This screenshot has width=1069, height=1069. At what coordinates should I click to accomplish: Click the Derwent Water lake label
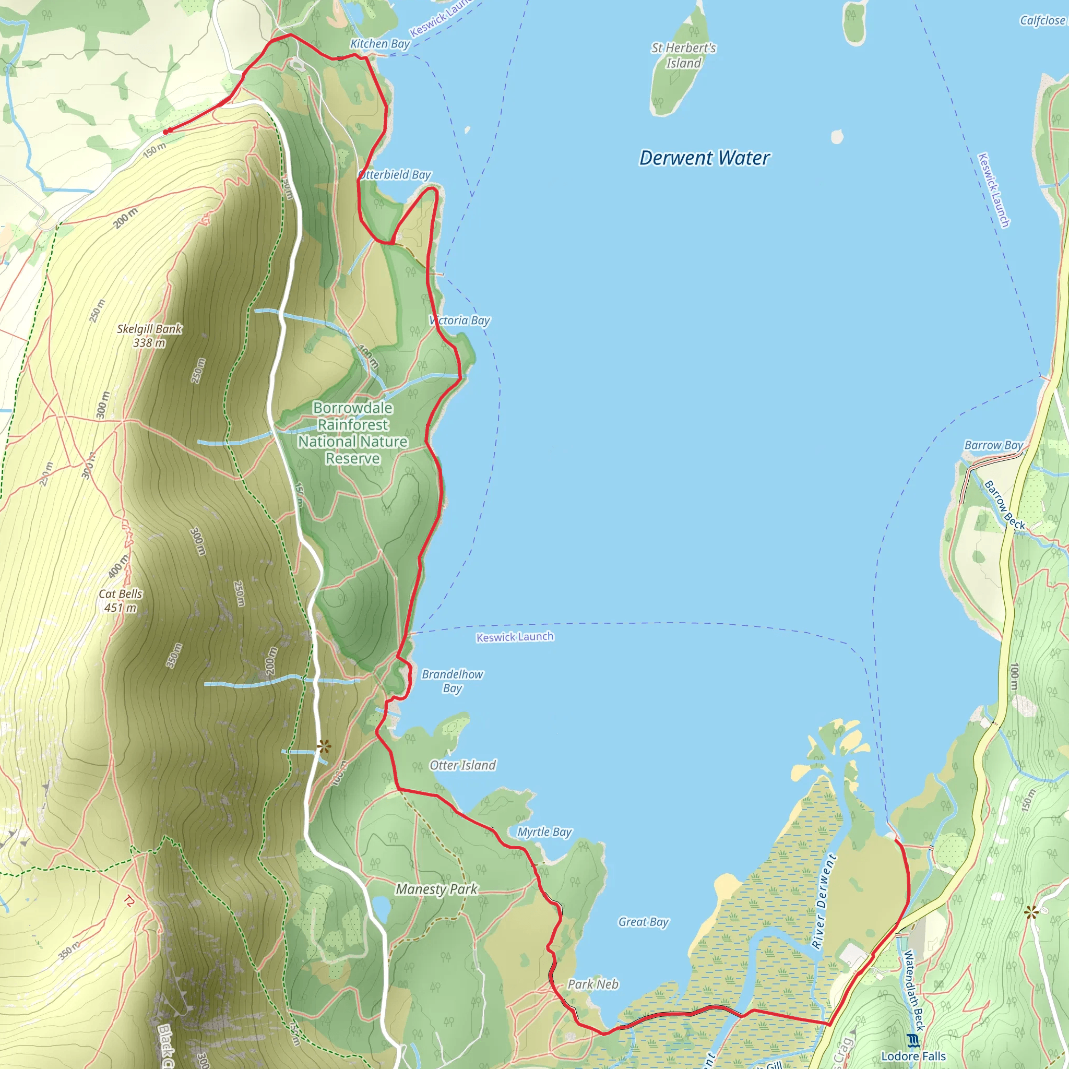click(x=704, y=158)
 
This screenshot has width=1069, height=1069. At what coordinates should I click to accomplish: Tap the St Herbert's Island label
click(x=683, y=56)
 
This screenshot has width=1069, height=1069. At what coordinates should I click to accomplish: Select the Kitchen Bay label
click(x=379, y=44)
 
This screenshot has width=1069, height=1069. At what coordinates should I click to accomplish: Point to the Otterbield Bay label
click(x=395, y=175)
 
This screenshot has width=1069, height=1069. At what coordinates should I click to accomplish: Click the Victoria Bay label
click(x=460, y=320)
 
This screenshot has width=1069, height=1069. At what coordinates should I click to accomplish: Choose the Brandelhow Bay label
click(x=452, y=681)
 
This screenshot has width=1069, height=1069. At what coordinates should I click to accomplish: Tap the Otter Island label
click(x=462, y=765)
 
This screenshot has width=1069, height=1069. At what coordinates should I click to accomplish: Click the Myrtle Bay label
click(x=544, y=832)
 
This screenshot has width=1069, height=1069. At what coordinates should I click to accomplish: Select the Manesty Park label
click(x=436, y=889)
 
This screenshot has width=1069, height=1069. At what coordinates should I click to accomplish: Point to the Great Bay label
click(x=644, y=922)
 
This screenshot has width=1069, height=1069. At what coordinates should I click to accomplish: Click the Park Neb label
click(x=593, y=984)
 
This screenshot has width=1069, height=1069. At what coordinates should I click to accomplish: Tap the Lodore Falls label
click(x=913, y=1056)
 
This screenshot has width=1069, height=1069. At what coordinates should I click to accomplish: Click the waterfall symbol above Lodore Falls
click(x=913, y=1041)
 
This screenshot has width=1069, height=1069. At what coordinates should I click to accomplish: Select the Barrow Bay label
click(x=994, y=445)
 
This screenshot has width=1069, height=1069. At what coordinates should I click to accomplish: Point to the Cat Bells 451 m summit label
click(x=121, y=601)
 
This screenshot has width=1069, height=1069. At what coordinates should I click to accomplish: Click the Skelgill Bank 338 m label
click(x=149, y=336)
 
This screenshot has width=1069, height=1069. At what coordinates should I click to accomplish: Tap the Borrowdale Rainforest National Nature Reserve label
click(x=352, y=433)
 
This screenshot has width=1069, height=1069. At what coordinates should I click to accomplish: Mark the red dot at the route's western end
click(x=165, y=132)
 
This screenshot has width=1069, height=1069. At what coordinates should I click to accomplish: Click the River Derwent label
click(x=824, y=901)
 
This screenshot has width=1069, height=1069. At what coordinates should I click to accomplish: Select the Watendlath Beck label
click(x=914, y=990)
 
